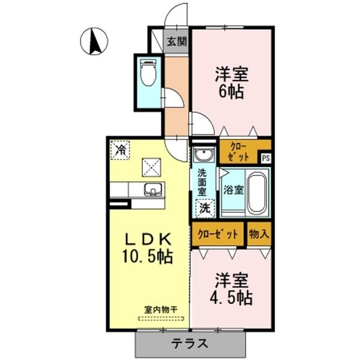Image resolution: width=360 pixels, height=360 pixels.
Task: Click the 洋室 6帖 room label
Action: click(x=231, y=84)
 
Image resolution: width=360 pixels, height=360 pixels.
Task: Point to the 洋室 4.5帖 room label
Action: click(x=231, y=289)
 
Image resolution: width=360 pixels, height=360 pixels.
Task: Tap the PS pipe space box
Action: click(x=265, y=158)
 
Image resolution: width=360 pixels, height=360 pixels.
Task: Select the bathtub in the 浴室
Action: click(x=257, y=193)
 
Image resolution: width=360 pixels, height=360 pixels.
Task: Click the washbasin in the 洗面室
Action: click(x=203, y=155)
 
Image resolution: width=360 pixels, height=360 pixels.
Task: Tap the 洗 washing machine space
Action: click(x=205, y=209)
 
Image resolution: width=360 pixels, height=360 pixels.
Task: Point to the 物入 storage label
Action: click(x=259, y=233)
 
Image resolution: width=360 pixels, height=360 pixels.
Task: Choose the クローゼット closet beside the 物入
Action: click(x=218, y=233)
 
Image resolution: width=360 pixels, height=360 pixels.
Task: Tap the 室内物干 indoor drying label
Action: click(x=161, y=310)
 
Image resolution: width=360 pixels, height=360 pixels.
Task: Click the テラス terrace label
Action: click(x=190, y=344)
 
